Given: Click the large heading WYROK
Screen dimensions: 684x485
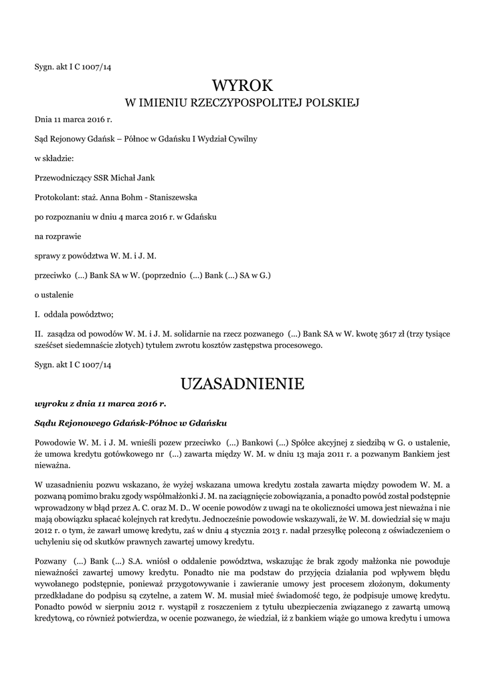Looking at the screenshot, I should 243,85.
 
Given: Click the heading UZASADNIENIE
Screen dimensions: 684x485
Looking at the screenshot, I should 243,384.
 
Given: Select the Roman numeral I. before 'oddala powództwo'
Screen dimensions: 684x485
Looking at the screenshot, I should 37,314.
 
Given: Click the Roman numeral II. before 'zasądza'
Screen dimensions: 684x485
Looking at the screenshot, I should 39,333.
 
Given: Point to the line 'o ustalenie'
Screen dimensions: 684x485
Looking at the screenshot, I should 54,295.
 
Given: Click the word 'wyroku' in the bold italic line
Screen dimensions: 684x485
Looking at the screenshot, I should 50,404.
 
